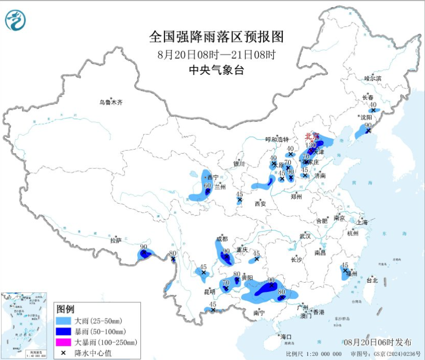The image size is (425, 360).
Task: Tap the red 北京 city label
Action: coord(312,136)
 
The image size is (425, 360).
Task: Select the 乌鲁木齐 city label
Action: coord(111,102)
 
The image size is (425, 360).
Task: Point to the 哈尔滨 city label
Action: coord(373,78)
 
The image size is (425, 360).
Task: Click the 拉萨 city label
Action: coord(116,240)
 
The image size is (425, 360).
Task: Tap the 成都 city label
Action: coord(221,238)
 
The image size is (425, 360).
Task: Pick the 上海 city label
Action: coord(362,222)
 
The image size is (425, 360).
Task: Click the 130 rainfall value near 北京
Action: coord(311,145)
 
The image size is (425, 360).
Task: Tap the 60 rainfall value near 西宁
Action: coord(207,186)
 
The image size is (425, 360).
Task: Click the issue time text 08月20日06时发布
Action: coord(373,341)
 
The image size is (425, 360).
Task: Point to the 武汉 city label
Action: coord(306,236)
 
